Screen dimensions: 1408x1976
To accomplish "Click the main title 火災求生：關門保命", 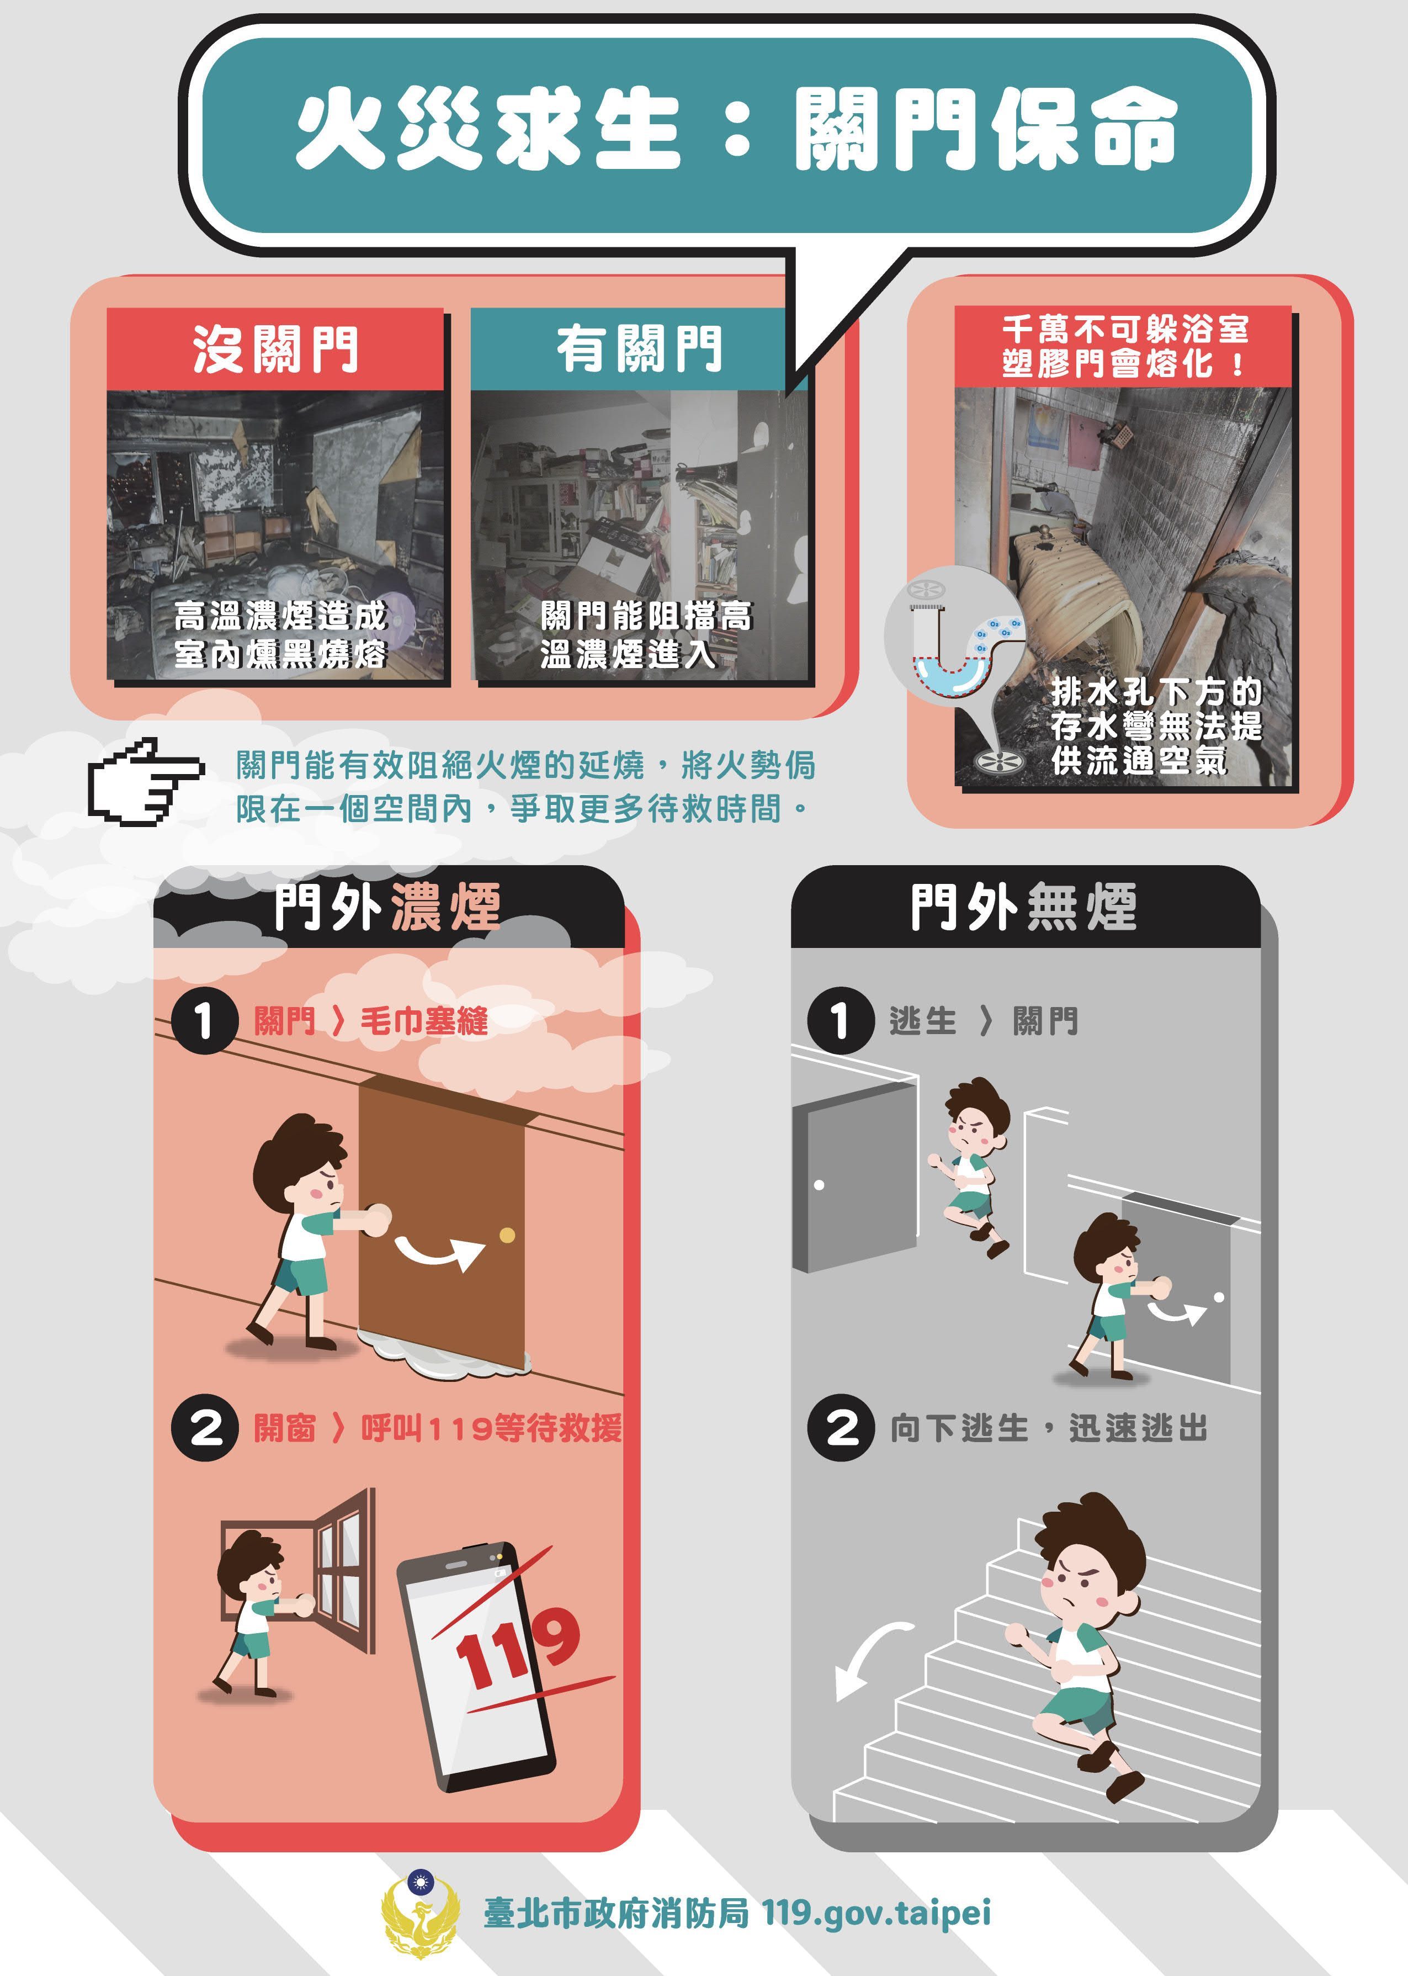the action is (x=735, y=132).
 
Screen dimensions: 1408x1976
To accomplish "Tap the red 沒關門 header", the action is (x=275, y=349).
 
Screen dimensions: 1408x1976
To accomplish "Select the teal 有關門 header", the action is (x=639, y=349).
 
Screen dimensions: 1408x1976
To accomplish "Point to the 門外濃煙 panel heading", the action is (x=387, y=907).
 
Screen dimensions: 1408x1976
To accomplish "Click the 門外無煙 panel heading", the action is (x=1023, y=907).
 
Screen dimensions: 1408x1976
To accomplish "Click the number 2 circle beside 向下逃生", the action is (x=840, y=1428).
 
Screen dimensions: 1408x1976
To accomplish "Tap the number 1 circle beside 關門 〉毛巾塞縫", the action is (x=205, y=1020).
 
